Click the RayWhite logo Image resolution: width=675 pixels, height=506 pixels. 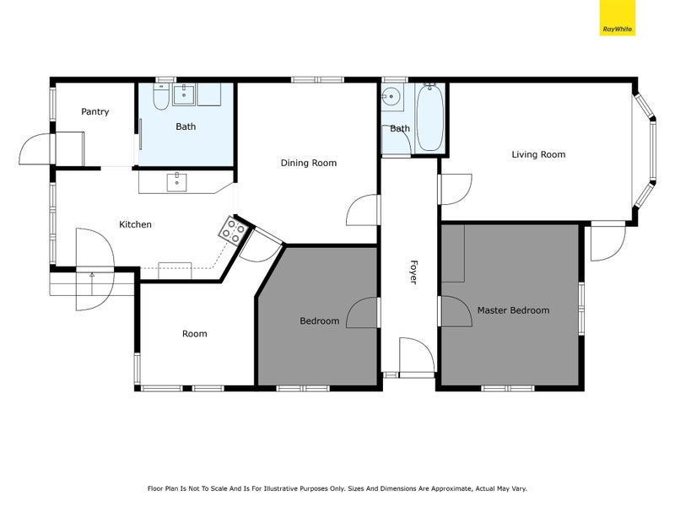(x=617, y=19)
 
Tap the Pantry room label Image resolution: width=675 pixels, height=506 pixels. (x=94, y=111)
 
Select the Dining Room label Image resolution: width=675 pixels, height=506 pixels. (x=308, y=163)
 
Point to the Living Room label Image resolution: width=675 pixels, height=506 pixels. (x=538, y=154)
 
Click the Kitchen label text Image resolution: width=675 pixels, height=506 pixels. (x=135, y=224)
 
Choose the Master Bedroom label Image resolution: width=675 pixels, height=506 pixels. (x=513, y=310)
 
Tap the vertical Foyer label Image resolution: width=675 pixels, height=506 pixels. (x=413, y=271)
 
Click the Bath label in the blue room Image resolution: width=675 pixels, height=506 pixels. (x=186, y=127)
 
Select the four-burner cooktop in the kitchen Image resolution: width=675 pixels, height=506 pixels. (x=234, y=228)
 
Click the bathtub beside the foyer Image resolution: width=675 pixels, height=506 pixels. (x=429, y=118)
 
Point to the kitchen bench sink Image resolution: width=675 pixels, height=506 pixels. (x=177, y=180)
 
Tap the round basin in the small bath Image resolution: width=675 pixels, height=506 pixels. (x=391, y=95)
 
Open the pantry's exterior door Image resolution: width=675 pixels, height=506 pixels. (x=36, y=149)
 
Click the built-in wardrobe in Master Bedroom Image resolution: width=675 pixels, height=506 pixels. (x=453, y=253)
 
